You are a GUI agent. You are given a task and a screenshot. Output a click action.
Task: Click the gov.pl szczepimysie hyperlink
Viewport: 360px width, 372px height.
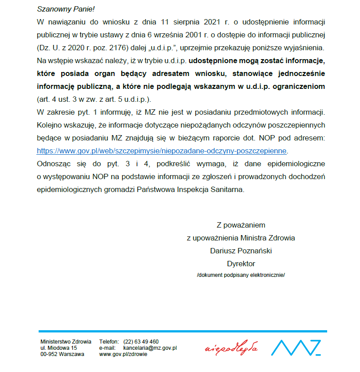(x=162, y=150)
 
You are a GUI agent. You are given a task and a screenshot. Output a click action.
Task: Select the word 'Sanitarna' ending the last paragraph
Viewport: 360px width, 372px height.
(x=229, y=189)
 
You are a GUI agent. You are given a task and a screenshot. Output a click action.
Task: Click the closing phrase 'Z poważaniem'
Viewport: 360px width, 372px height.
(x=241, y=225)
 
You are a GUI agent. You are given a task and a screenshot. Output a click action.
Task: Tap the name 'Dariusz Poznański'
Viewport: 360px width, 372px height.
(x=241, y=251)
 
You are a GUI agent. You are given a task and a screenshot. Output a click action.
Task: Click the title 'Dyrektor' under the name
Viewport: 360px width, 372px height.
(x=241, y=264)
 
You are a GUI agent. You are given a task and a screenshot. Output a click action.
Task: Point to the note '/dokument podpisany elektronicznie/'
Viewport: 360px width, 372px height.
(x=241, y=275)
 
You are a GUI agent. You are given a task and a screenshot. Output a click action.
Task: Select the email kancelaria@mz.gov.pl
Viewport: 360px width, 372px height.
(x=150, y=348)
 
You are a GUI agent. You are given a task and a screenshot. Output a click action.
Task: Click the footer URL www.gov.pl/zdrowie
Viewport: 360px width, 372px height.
(x=123, y=354)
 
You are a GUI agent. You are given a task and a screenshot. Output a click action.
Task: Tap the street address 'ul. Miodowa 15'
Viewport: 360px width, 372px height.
(x=59, y=348)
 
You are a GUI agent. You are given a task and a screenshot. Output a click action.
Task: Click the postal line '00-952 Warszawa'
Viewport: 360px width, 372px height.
(x=62, y=354)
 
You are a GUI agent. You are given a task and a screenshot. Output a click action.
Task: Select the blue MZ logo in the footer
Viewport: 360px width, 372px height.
(x=296, y=348)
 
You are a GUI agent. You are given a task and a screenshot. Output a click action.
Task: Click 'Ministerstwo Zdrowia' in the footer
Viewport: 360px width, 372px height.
(x=66, y=342)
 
